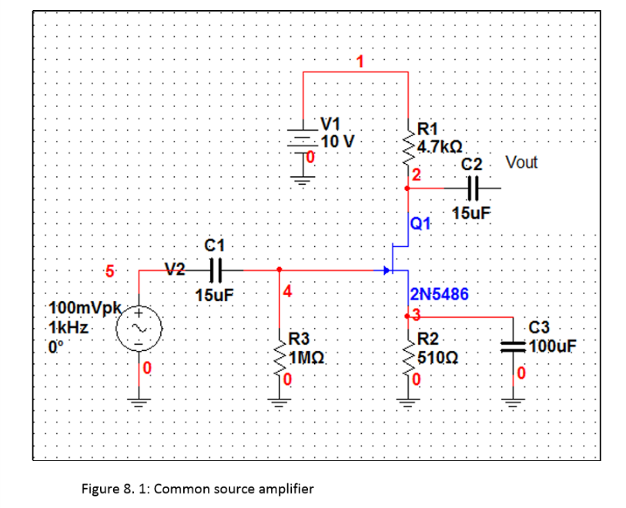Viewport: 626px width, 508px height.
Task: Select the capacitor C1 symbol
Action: [x=216, y=270]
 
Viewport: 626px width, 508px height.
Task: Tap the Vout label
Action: [x=521, y=162]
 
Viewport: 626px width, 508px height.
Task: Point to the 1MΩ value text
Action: [x=307, y=357]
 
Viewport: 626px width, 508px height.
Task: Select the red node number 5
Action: [x=109, y=270]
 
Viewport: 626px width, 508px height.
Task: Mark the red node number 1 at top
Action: [x=357, y=61]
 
